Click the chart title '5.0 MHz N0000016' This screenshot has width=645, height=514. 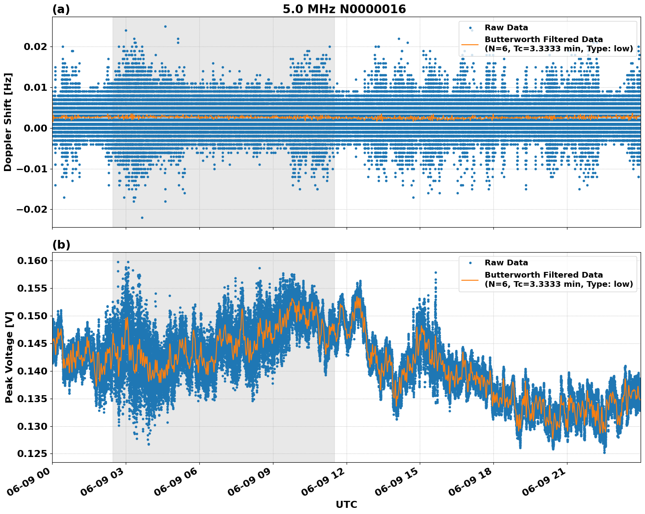[x=344, y=9]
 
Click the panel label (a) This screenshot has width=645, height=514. [x=61, y=9]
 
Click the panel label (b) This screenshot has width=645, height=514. [x=61, y=245]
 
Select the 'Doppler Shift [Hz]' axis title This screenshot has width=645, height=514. [x=8, y=122]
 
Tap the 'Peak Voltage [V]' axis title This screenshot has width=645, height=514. [x=9, y=357]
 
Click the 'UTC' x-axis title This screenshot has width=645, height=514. [x=346, y=504]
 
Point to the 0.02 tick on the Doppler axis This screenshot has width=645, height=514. [x=38, y=46]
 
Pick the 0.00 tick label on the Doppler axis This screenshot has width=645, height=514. [x=38, y=128]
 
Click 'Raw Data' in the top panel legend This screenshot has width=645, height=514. [x=506, y=28]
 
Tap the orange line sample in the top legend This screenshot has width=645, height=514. [x=470, y=44]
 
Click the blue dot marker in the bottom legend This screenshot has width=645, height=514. [x=470, y=263]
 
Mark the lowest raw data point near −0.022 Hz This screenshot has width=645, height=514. [x=142, y=218]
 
